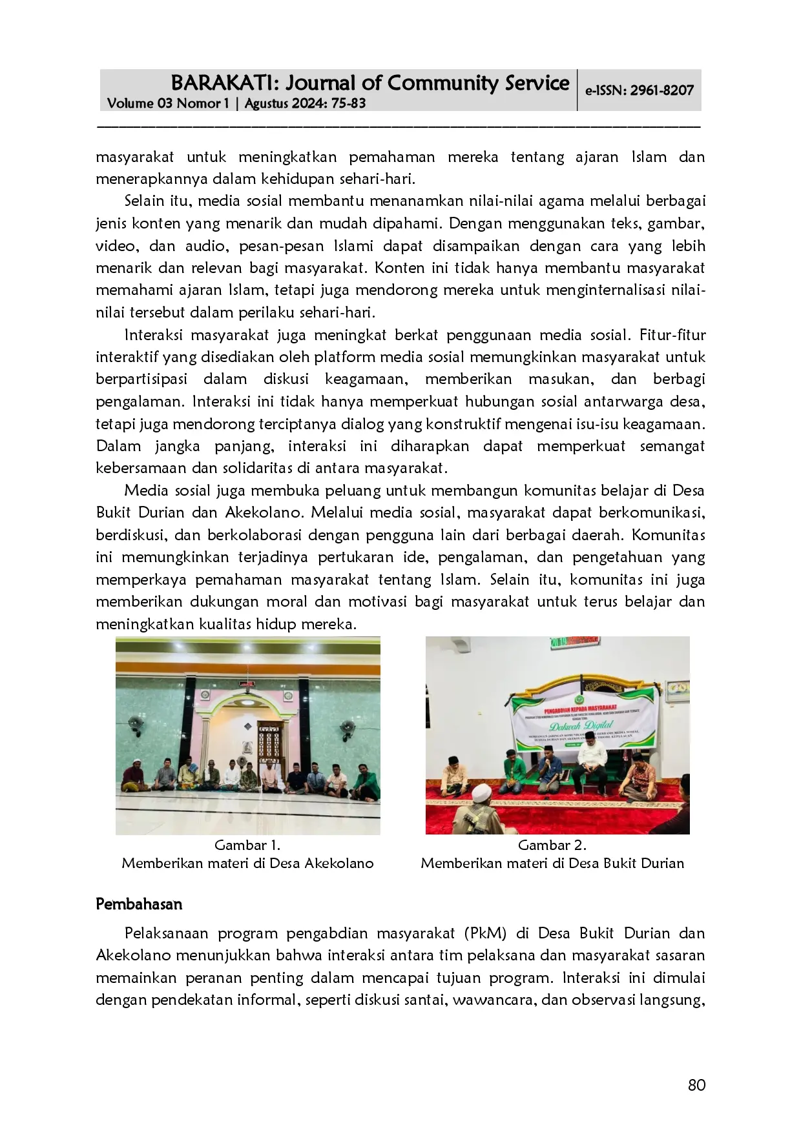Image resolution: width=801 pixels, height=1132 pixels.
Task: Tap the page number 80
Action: pos(696,1085)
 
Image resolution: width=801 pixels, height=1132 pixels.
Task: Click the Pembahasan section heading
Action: pos(139,904)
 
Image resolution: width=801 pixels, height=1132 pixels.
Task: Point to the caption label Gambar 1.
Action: pos(247,845)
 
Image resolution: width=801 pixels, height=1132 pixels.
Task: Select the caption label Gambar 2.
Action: pos(552,845)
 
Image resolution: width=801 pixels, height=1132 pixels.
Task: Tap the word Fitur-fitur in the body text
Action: pos(672,335)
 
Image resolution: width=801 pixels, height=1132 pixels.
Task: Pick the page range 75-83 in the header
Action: pos(349,103)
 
